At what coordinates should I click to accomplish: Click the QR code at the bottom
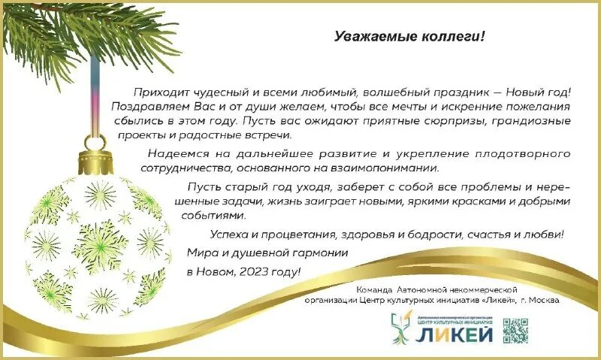pyautogui.click(x=515, y=330)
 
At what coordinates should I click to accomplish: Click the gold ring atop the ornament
pyautogui.click(x=95, y=142)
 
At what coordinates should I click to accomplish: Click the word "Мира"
pyautogui.click(x=200, y=253)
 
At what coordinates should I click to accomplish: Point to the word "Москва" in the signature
pyautogui.click(x=542, y=300)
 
